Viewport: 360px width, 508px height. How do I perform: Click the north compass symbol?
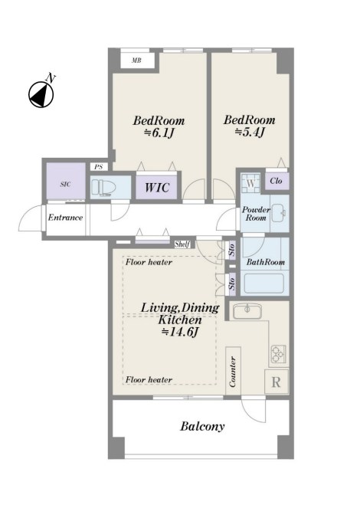click(41, 94)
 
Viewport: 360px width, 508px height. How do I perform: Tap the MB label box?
click(136, 61)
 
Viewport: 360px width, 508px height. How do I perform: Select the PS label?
click(98, 167)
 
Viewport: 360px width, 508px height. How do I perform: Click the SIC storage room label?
click(65, 185)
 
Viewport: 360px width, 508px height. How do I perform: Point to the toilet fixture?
click(103, 188)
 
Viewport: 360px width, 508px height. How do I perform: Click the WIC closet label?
click(157, 187)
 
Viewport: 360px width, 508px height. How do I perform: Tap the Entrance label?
click(65, 218)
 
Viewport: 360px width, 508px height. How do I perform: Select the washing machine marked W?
click(251, 183)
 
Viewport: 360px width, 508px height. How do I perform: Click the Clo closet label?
click(276, 181)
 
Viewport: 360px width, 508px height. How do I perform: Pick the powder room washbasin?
click(278, 213)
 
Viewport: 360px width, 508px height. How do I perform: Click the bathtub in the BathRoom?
click(263, 283)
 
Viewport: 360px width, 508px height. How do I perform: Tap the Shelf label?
click(182, 244)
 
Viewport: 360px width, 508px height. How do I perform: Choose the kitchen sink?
click(247, 311)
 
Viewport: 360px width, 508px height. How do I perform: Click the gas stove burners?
click(278, 354)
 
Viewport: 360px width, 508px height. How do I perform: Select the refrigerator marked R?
click(277, 382)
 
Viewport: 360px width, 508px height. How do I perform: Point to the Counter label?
click(233, 372)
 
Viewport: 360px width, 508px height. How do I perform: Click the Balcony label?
click(202, 426)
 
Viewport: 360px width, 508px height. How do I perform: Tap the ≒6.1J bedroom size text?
click(159, 133)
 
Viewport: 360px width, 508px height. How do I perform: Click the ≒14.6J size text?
click(180, 332)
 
